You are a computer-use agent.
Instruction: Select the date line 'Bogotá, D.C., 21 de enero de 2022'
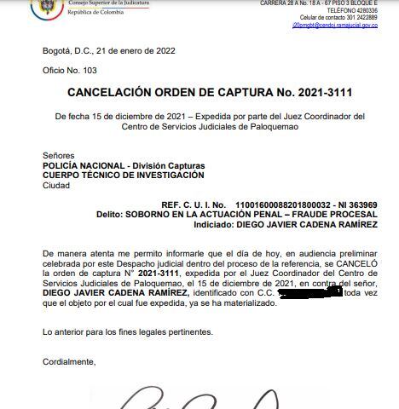(108, 51)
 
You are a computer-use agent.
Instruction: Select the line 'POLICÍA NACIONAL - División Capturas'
(123, 165)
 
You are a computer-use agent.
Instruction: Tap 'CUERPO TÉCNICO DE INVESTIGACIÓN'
(124, 175)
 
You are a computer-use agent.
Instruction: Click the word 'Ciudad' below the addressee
(56, 184)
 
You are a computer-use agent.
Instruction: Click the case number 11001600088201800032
(285, 205)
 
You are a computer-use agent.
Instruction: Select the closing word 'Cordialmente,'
(70, 361)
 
